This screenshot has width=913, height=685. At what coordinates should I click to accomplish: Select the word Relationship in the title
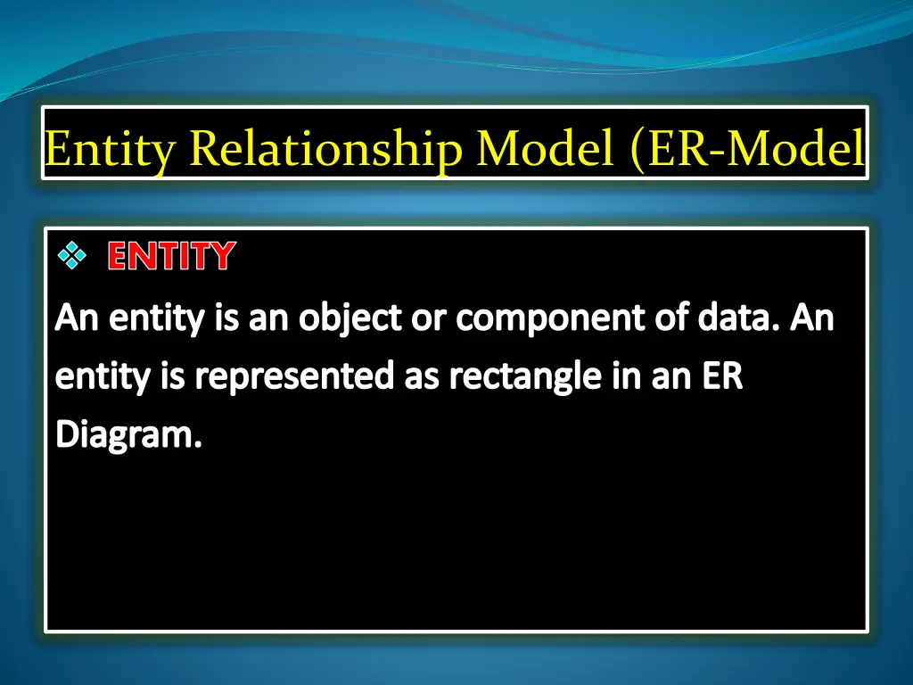click(325, 148)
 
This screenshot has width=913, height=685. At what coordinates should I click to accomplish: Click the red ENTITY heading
click(171, 257)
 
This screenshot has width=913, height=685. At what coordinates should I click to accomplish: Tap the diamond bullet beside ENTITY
click(71, 257)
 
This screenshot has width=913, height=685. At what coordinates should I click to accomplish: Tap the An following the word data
click(812, 318)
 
